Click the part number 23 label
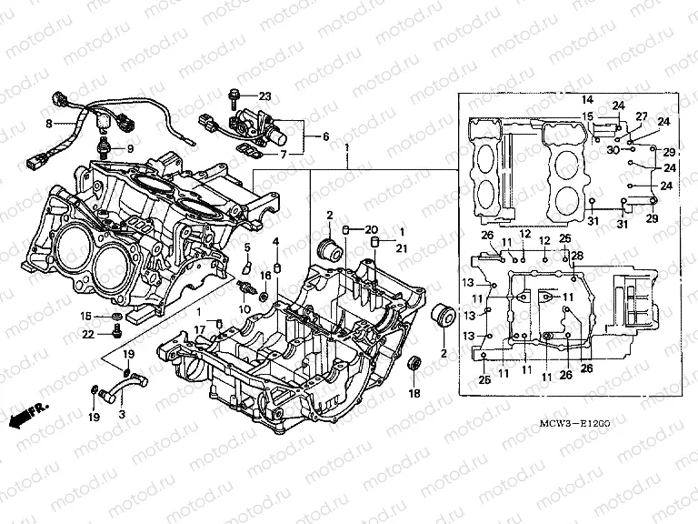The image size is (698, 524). click(x=264, y=96)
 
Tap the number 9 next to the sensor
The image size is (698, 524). click(x=128, y=148)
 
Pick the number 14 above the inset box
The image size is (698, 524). click(x=587, y=98)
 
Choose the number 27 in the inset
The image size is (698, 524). click(x=641, y=116)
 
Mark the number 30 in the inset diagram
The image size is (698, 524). click(x=613, y=148)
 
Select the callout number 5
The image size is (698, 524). click(x=245, y=247)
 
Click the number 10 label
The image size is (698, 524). click(x=244, y=309)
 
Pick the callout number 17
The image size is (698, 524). click(x=200, y=328)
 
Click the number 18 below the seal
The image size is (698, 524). click(x=414, y=393)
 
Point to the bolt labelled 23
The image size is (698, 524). click(x=235, y=94)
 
